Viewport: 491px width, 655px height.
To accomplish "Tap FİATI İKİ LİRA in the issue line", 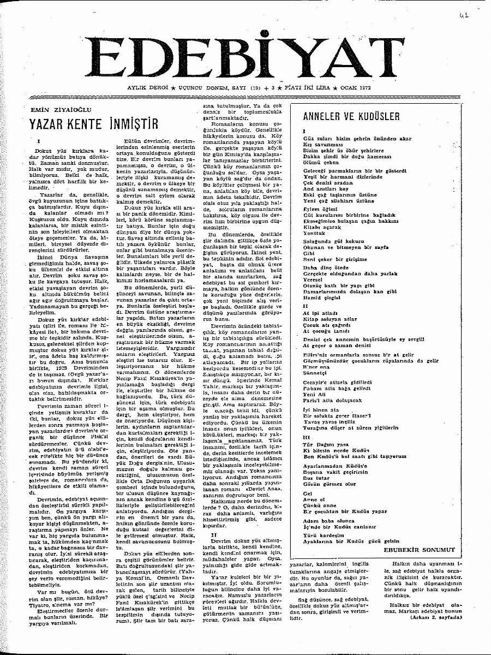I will click(x=319, y=87).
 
